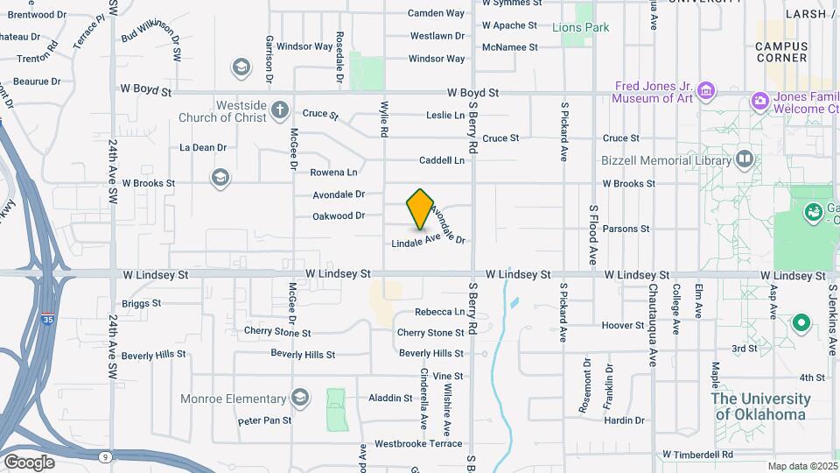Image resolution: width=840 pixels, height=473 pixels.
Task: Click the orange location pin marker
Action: pyautogui.click(x=420, y=208)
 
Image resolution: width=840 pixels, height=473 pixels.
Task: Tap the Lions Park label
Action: pyautogui.click(x=581, y=27)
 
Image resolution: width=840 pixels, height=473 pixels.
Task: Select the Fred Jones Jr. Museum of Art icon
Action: pyautogui.click(x=706, y=90)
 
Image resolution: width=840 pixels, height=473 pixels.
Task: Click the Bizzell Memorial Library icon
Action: pyautogui.click(x=744, y=159)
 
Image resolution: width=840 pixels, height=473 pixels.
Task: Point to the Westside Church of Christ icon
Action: pyautogui.click(x=279, y=109)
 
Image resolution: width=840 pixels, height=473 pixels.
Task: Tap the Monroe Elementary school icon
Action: pyautogui.click(x=301, y=399)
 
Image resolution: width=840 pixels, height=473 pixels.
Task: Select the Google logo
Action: pyautogui.click(x=29, y=462)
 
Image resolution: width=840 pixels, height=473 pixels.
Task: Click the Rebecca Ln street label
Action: pyautogui.click(x=440, y=312)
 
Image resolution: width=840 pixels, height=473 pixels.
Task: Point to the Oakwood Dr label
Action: pyautogui.click(x=339, y=215)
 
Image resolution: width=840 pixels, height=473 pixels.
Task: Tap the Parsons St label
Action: pyautogui.click(x=626, y=229)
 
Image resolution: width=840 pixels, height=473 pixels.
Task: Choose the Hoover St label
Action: pyautogui.click(x=623, y=325)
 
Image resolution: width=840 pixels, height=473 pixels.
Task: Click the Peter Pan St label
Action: pyautogui.click(x=264, y=421)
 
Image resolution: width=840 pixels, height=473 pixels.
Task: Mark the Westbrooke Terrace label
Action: pyautogui.click(x=418, y=444)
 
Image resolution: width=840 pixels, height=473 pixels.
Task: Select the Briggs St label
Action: pyautogui.click(x=142, y=303)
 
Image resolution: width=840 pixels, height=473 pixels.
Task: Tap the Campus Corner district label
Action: pyautogui.click(x=780, y=52)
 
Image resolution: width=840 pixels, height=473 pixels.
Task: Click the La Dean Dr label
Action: pyautogui.click(x=203, y=147)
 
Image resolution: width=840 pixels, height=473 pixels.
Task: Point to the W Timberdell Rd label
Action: pyautogui.click(x=697, y=455)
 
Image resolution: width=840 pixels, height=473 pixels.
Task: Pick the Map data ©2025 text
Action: pyautogui.click(x=801, y=466)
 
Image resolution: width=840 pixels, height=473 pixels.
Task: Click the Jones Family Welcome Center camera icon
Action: pyautogui.click(x=759, y=102)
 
